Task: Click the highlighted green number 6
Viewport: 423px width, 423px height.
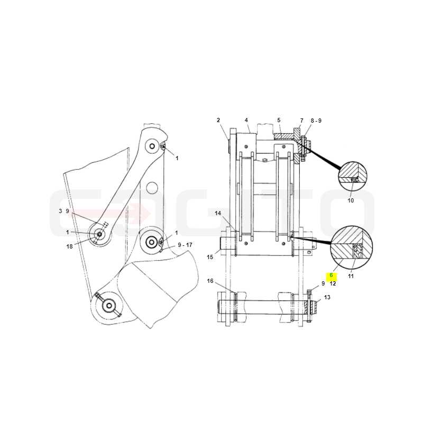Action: [x=332, y=275]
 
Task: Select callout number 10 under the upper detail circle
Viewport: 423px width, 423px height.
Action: [x=351, y=200]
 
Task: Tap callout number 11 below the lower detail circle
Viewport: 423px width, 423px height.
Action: [x=351, y=276]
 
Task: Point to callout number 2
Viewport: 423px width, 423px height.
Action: [x=218, y=121]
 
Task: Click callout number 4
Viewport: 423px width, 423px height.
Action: [x=246, y=120]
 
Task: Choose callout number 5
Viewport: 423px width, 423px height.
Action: [x=279, y=120]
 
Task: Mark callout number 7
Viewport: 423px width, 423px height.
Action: [x=301, y=121]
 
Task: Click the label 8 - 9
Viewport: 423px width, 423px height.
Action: [x=316, y=121]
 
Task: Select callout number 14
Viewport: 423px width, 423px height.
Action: [x=218, y=213]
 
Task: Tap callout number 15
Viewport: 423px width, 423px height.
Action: [x=210, y=257]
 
